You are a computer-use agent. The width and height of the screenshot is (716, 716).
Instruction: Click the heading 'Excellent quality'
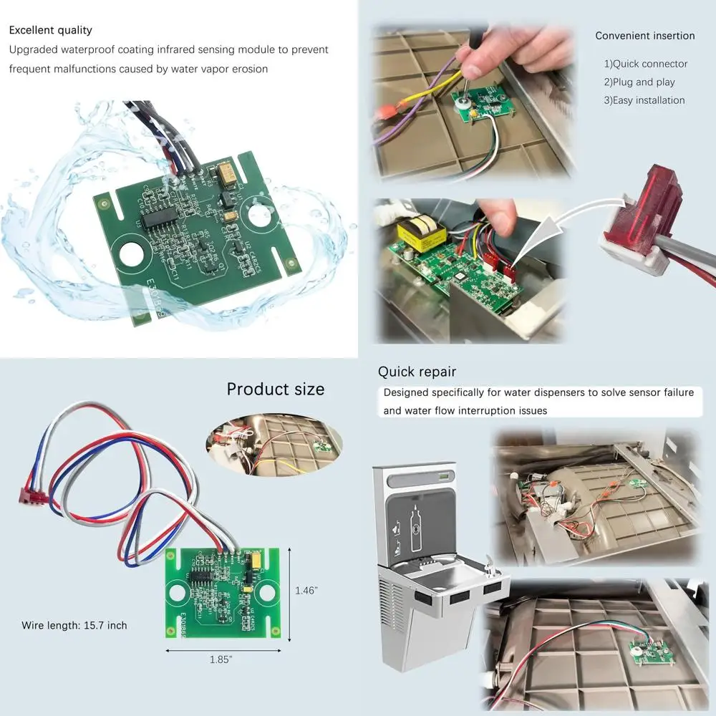[51, 30]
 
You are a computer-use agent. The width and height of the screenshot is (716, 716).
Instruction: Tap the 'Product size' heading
[275, 389]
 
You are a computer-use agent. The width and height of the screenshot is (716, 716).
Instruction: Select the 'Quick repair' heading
[417, 372]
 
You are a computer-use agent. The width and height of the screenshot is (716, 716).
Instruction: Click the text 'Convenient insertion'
[644, 36]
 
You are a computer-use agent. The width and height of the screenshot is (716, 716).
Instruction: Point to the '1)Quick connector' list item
[645, 64]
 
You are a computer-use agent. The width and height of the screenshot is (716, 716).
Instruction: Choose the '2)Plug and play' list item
[639, 82]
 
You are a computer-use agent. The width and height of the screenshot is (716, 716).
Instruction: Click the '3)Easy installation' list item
[644, 100]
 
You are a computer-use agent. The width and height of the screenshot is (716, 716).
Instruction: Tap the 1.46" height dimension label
[306, 591]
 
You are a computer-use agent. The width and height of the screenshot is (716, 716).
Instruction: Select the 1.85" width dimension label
[222, 659]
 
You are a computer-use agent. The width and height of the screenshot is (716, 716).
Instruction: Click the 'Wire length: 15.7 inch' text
[74, 626]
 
